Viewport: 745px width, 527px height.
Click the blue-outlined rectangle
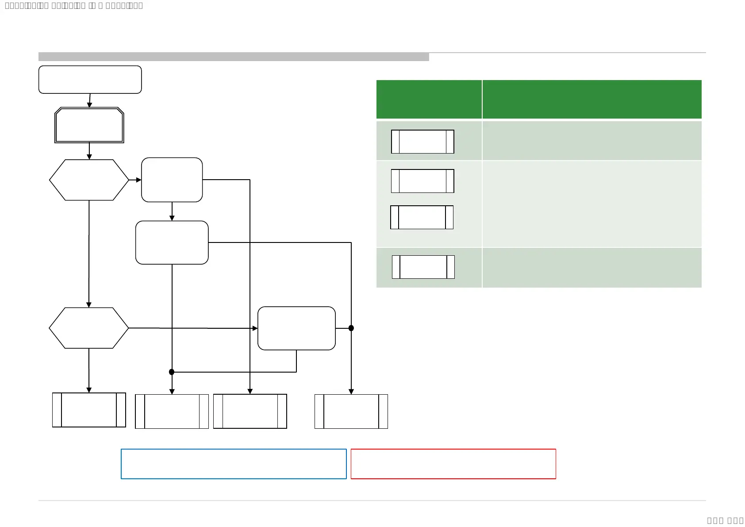(234, 464)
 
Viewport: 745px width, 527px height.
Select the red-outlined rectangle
(453, 464)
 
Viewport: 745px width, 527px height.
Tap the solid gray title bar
(234, 57)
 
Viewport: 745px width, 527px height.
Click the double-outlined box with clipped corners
(89, 125)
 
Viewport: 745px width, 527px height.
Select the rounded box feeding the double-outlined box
(90, 80)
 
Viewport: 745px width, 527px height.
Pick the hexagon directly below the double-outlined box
(89, 180)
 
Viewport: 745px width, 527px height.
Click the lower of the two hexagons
(89, 328)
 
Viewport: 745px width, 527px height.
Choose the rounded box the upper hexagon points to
(172, 180)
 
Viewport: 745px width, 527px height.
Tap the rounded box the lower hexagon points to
(296, 328)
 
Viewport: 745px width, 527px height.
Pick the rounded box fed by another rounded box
(172, 242)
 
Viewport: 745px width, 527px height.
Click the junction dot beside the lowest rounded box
(351, 328)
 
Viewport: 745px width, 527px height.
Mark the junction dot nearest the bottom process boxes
(172, 372)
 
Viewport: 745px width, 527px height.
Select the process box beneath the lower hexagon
(89, 410)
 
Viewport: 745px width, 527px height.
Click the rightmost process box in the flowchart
(351, 412)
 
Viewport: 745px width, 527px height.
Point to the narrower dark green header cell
(429, 100)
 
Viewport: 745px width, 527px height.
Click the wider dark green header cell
(592, 100)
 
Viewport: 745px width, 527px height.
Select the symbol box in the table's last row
(423, 267)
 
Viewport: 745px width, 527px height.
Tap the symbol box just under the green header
(422, 142)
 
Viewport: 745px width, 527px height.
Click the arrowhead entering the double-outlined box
(89, 105)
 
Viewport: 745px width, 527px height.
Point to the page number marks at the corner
(725, 520)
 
